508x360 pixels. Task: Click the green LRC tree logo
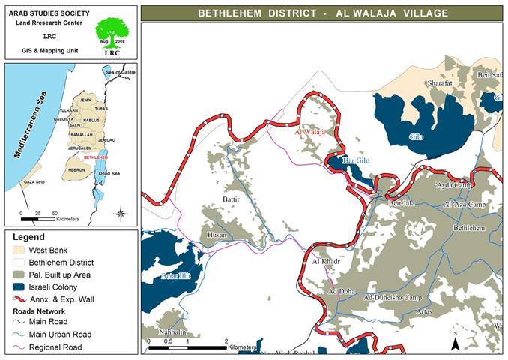112,34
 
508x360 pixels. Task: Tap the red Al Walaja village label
311,132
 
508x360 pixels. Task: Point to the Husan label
217,235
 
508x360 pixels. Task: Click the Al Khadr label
326,261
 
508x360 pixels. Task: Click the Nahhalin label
172,331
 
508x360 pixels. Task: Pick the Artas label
424,310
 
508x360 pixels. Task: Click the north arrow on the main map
454,342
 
